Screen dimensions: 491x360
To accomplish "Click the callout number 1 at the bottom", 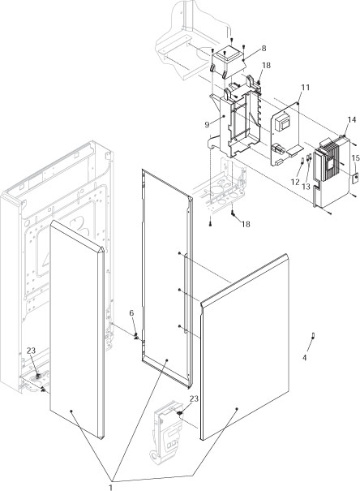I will (111, 487).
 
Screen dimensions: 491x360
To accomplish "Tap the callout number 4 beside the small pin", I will (305, 357).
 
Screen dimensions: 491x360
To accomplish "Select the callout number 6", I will (131, 313).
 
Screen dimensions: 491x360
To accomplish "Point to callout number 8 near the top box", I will (264, 49).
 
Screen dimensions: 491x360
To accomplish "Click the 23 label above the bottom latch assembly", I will (193, 398).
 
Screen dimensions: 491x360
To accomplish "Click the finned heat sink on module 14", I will (332, 162).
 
